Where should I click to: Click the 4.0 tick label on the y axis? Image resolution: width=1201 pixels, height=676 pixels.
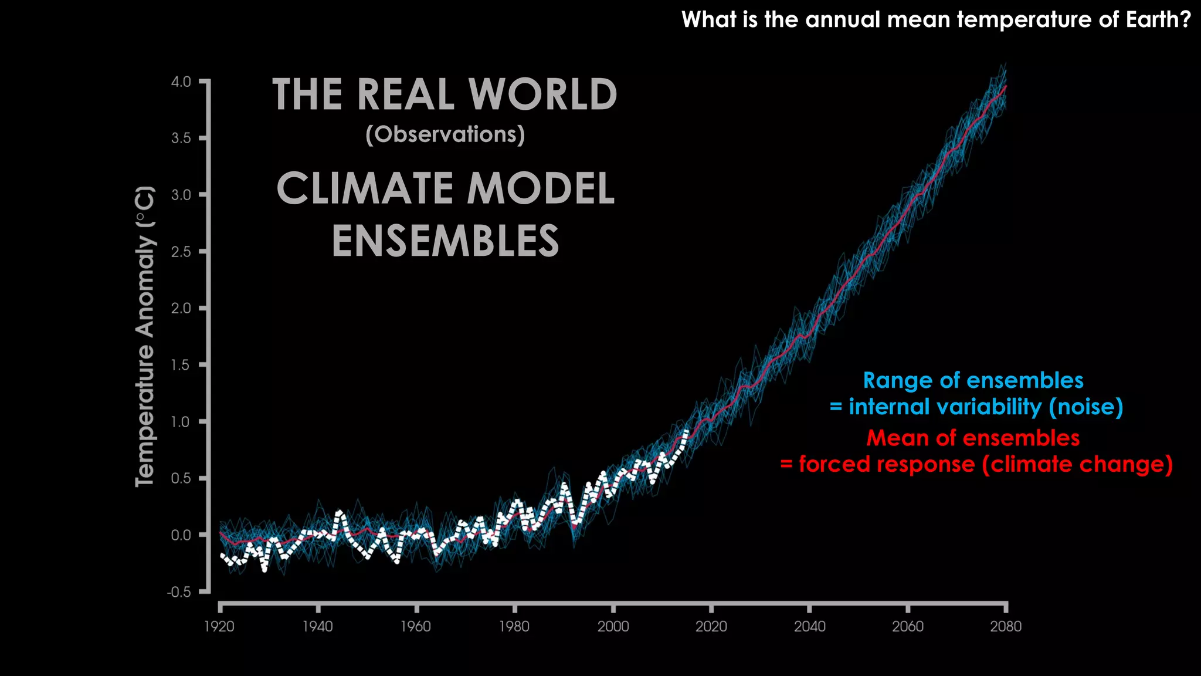point(181,82)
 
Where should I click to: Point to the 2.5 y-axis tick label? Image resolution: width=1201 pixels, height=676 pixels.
point(181,252)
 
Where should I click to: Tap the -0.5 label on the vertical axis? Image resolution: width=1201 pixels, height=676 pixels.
point(179,592)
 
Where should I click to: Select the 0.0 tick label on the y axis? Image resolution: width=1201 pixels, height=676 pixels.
point(181,535)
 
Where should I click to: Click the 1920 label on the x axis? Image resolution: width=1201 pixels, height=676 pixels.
point(219,627)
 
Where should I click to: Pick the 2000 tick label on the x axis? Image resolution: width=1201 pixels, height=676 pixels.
point(613,627)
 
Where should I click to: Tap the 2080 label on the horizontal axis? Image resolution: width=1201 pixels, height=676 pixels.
point(1006,627)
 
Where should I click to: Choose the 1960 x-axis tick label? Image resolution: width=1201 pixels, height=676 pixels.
point(416,627)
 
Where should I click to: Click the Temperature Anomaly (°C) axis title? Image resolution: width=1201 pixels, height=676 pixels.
point(145,336)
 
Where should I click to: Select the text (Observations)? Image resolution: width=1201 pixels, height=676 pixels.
point(445,134)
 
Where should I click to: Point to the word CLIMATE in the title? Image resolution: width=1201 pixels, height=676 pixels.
point(364,189)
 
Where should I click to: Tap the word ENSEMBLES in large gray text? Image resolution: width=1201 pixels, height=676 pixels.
point(445,241)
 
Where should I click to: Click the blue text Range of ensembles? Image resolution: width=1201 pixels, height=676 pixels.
point(973,380)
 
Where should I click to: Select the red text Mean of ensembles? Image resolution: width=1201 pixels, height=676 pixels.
point(973,438)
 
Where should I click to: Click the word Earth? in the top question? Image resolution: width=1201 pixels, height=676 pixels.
point(1158,20)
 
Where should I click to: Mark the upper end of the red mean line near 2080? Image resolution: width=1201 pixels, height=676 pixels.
point(1006,86)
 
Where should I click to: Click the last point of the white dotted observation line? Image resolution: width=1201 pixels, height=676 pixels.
point(687,431)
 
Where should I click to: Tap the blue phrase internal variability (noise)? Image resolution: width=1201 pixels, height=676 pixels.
point(986,407)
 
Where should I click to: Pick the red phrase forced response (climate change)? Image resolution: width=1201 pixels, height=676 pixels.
point(986,464)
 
